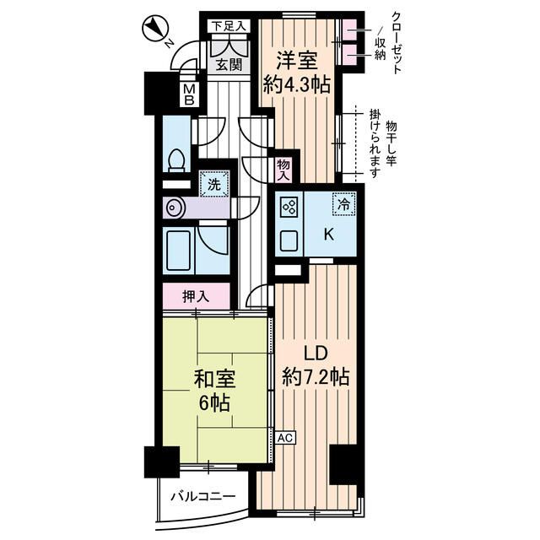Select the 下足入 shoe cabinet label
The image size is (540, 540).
[229, 26]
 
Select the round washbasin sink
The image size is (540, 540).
[175, 207]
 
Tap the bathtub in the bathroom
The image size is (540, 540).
[180, 251]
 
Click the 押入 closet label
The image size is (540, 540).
[196, 296]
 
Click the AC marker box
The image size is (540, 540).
[284, 439]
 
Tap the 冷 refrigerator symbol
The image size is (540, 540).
[344, 203]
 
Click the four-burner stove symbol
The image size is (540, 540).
[288, 207]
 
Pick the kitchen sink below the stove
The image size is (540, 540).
[289, 240]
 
